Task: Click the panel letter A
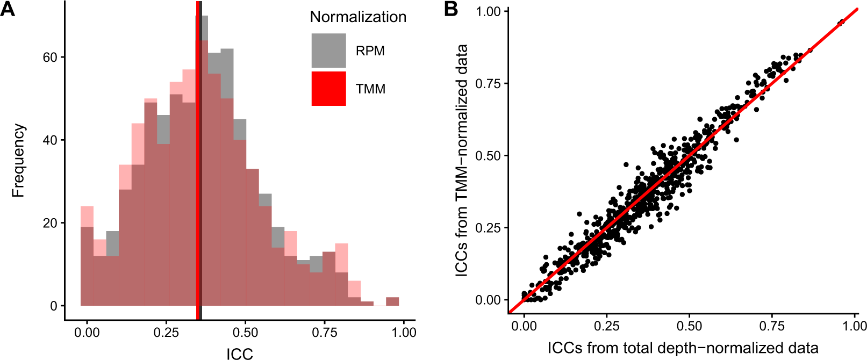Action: (x=8, y=9)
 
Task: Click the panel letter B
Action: (x=451, y=9)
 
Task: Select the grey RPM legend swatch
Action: (x=328, y=51)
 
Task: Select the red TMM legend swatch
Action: (x=328, y=89)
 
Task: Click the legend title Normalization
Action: (x=358, y=17)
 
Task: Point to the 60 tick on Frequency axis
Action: (x=50, y=57)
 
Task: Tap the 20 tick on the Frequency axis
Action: (x=50, y=223)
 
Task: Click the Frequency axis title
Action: (x=18, y=161)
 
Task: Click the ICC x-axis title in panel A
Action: (x=239, y=353)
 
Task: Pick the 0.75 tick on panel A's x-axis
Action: (x=325, y=332)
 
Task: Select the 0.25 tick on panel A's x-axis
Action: (x=166, y=332)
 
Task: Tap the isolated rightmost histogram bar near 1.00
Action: (x=392, y=301)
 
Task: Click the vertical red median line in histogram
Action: (x=198, y=161)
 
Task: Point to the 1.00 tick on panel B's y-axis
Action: (x=488, y=11)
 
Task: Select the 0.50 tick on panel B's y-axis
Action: (x=488, y=156)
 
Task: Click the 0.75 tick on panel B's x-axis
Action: (x=772, y=326)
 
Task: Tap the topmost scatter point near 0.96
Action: (x=841, y=23)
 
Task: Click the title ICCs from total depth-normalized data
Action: (x=683, y=348)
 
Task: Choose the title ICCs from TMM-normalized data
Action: (x=461, y=161)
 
